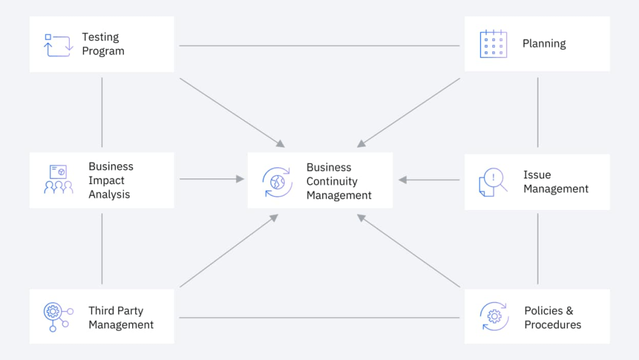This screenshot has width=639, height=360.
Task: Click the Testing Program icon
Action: coord(58,45)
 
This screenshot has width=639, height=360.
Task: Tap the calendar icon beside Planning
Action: coord(493,44)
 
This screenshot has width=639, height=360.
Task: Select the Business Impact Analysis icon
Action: coord(58,180)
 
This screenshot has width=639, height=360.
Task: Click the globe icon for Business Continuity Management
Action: coord(277,182)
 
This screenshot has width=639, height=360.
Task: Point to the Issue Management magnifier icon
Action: coord(493,182)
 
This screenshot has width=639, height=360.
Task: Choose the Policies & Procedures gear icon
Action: coord(494,316)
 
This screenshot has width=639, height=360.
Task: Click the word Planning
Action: coord(544,44)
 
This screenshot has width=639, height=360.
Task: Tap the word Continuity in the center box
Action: coord(332,181)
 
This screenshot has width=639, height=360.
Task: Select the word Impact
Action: coord(107,180)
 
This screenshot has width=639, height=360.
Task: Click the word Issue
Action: coord(537,175)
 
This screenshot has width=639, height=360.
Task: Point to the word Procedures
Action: coord(552,325)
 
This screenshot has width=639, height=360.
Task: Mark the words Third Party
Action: coord(115,311)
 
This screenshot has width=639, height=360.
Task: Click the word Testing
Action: coord(100,37)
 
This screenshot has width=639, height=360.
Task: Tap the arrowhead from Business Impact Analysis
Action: coord(240,179)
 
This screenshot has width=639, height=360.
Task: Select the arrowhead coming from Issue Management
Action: coord(402,180)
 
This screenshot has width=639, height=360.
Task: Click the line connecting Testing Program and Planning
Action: coord(318,46)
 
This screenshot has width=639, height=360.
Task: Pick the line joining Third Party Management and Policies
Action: coord(318,318)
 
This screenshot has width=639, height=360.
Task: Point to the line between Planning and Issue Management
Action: coord(537,112)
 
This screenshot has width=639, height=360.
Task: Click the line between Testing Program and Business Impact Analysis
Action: coord(102,112)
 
